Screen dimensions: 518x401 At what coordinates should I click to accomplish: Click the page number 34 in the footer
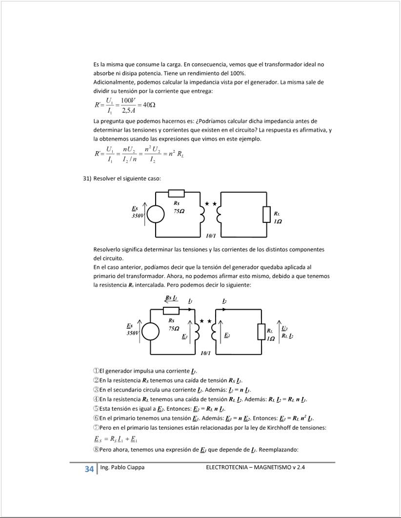click(x=89, y=469)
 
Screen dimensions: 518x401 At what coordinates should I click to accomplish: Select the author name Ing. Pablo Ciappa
click(x=122, y=467)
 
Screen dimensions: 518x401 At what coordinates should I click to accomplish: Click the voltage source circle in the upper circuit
click(x=156, y=214)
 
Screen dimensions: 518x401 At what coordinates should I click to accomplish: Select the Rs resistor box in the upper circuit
click(x=176, y=193)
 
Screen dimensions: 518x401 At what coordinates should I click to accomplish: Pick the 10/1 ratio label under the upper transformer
click(x=211, y=236)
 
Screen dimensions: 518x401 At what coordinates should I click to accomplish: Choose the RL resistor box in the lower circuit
click(x=261, y=331)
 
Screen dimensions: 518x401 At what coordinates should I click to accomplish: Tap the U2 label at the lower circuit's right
click(x=285, y=328)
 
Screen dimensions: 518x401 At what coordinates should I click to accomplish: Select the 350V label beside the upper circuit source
click(x=138, y=215)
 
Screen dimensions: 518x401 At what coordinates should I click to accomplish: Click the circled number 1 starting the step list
click(x=96, y=371)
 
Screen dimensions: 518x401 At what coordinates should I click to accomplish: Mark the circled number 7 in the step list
click(x=96, y=428)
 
